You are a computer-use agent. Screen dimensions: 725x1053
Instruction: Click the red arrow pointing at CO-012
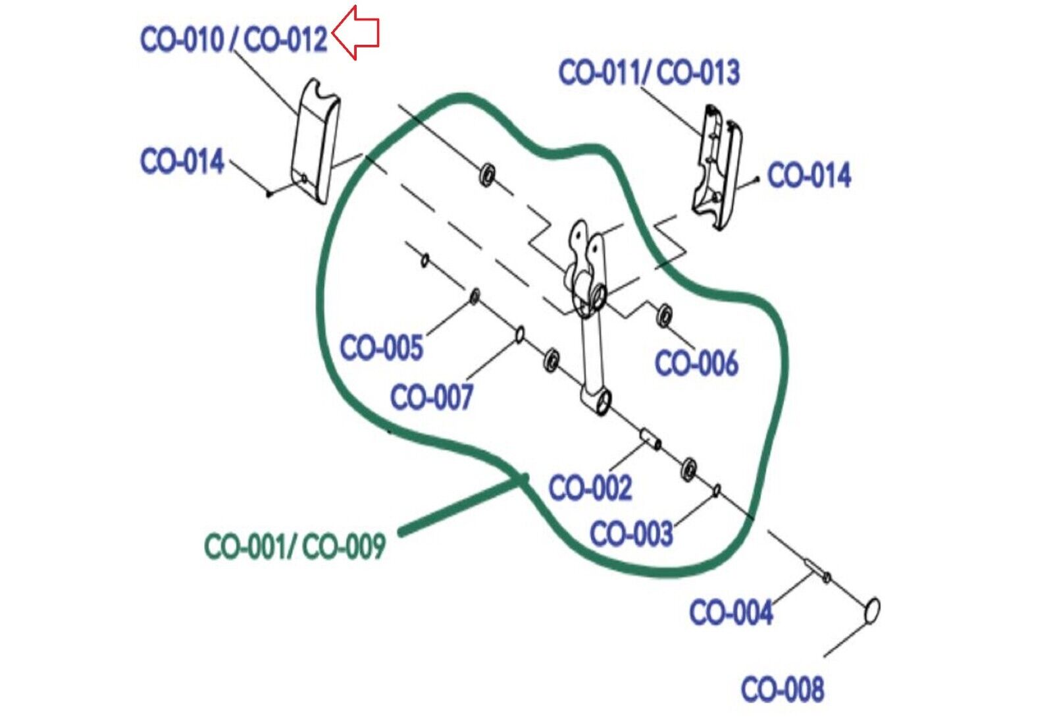pyautogui.click(x=356, y=32)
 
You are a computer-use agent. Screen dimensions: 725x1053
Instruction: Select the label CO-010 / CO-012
pyautogui.click(x=234, y=40)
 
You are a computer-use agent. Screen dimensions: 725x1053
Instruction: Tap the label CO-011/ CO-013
pyautogui.click(x=648, y=72)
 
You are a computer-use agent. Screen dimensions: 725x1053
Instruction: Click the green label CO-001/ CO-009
pyautogui.click(x=294, y=547)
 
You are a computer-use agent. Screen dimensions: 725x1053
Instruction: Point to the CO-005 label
pyautogui.click(x=381, y=347)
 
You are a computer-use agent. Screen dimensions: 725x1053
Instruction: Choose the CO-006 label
pyautogui.click(x=696, y=363)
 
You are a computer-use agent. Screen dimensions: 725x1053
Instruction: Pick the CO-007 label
pyautogui.click(x=431, y=397)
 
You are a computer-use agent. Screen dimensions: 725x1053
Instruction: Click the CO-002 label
pyautogui.click(x=590, y=488)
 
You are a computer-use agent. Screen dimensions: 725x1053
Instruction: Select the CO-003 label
pyautogui.click(x=631, y=533)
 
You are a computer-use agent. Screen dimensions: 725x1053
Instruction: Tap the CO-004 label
pyautogui.click(x=731, y=612)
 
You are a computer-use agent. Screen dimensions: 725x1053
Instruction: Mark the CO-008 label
pyautogui.click(x=782, y=689)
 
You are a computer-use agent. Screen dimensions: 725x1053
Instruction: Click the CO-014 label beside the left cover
pyautogui.click(x=182, y=161)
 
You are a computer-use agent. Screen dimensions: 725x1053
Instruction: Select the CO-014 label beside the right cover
pyautogui.click(x=809, y=176)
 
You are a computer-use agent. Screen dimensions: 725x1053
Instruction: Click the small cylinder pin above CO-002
pyautogui.click(x=650, y=438)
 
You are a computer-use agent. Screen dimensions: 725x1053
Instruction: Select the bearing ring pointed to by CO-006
pyautogui.click(x=665, y=315)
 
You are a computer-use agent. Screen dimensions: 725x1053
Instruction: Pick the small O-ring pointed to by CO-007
pyautogui.click(x=519, y=335)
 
